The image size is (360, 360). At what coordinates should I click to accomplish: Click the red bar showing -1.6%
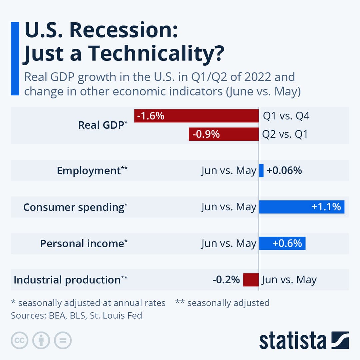pos(196,116)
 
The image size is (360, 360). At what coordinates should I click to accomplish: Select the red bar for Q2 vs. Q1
pos(223,134)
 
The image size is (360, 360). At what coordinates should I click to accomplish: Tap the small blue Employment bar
pos(261,171)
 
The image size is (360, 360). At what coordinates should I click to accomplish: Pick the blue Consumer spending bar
pos(301,207)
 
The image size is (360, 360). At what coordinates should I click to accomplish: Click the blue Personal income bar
pos(282,243)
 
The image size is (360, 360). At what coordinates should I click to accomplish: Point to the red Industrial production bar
pos(251,280)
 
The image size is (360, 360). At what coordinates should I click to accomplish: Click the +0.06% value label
pos(284,171)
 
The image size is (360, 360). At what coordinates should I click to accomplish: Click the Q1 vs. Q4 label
pos(286,116)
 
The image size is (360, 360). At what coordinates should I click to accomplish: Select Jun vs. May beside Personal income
pos(229,244)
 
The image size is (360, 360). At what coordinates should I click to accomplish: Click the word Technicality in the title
pos(154,53)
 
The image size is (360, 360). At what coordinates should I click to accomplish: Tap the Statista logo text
pos(293,341)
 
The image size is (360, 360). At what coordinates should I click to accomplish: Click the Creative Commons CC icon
pos(19,340)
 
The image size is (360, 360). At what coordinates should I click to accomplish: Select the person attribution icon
pos(41,340)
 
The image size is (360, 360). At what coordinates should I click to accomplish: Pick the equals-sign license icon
pos(63,340)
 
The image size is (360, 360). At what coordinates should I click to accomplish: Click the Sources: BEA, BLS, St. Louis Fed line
pos(76,315)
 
